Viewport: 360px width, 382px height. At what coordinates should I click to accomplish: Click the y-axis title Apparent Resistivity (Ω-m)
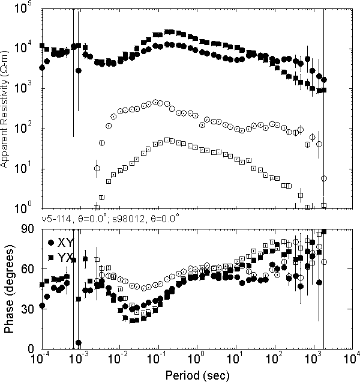coord(5,109)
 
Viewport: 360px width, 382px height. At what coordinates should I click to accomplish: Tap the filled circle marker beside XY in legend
coord(51,243)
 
